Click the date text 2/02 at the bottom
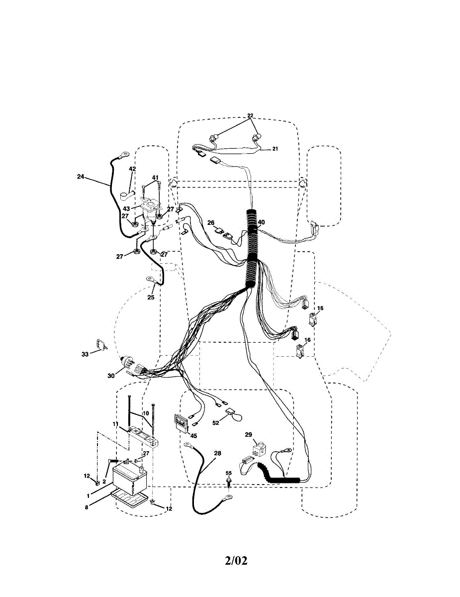(236, 561)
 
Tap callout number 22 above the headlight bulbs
(250, 115)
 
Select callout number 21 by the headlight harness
(275, 149)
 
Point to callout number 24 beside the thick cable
(81, 176)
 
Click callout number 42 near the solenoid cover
(132, 169)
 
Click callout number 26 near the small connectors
(211, 222)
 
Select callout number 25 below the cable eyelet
(151, 297)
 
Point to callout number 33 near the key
(85, 354)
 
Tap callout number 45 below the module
(193, 436)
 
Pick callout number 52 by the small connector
(216, 423)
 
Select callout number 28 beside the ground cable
(217, 453)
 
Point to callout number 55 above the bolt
(229, 473)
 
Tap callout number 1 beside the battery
(88, 496)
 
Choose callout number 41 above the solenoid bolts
(155, 178)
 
